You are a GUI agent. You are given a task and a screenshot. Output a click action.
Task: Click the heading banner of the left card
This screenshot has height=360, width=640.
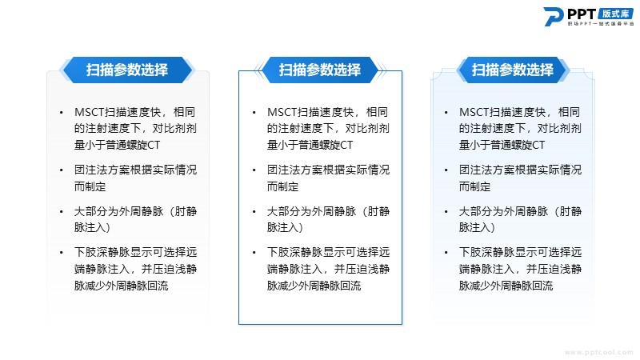pyautogui.click(x=127, y=70)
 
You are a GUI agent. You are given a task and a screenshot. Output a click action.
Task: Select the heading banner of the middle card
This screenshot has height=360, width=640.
pyautogui.click(x=319, y=70)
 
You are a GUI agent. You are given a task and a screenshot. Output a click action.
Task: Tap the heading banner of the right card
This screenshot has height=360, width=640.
pyautogui.click(x=513, y=70)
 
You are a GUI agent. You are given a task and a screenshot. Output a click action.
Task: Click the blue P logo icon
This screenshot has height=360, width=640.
pyautogui.click(x=554, y=17)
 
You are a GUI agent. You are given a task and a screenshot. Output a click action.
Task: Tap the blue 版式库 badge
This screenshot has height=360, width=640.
pyautogui.click(x=615, y=14)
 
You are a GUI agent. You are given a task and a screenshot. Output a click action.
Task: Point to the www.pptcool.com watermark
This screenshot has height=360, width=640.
pyautogui.click(x=598, y=352)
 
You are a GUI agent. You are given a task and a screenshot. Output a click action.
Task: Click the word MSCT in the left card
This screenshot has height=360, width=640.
pyautogui.click(x=90, y=112)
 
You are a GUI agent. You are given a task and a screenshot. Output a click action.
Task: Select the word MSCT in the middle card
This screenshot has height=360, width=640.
pyautogui.click(x=282, y=112)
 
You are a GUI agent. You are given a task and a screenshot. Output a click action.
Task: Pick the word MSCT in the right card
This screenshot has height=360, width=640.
pyautogui.click(x=474, y=112)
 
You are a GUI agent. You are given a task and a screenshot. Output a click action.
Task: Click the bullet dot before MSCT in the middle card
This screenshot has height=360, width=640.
pyautogui.click(x=254, y=113)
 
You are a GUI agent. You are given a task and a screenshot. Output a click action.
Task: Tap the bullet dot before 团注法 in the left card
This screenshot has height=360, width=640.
pyautogui.click(x=62, y=170)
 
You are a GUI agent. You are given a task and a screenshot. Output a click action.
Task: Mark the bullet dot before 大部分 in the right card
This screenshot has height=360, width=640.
pyautogui.click(x=446, y=212)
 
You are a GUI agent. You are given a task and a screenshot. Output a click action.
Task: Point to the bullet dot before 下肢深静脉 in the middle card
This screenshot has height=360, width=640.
pyautogui.click(x=254, y=253)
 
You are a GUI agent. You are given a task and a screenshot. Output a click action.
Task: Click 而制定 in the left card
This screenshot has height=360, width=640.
pyautogui.click(x=90, y=186)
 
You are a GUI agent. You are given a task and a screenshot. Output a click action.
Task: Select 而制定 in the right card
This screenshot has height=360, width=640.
pyautogui.click(x=474, y=186)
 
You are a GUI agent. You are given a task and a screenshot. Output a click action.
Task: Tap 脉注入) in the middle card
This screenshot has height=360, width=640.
pyautogui.click(x=285, y=227)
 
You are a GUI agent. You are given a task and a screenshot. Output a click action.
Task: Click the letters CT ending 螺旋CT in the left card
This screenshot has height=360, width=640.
pyautogui.click(x=154, y=145)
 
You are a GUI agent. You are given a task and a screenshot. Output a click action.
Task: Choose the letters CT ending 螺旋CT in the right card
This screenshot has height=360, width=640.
pyautogui.click(x=538, y=145)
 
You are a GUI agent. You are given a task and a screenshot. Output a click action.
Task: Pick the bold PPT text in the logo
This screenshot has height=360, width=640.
pyautogui.click(x=582, y=14)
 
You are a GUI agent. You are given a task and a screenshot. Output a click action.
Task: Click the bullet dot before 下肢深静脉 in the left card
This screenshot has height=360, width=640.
pyautogui.click(x=62, y=253)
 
